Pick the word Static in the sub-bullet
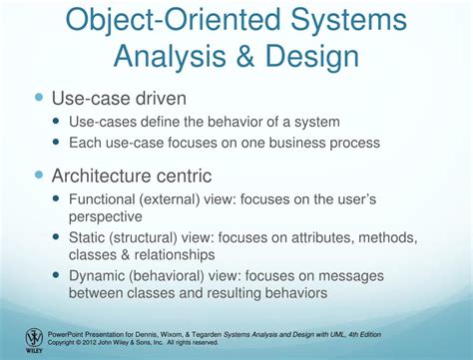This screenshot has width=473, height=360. (x=90, y=238)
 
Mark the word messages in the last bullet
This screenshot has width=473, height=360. (x=380, y=276)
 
